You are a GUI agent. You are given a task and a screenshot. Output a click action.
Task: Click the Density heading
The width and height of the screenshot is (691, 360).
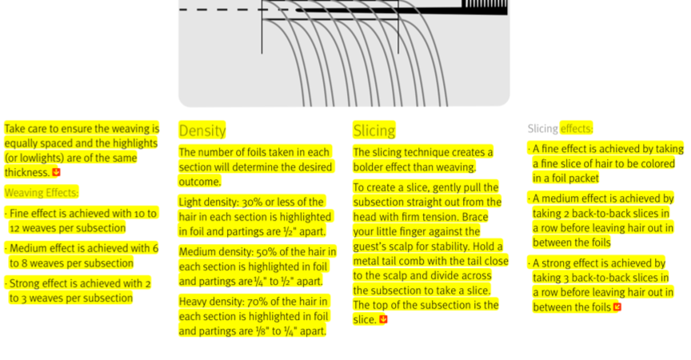[x=202, y=130]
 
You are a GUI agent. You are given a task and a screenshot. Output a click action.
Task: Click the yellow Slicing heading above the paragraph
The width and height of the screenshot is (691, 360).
[x=373, y=130]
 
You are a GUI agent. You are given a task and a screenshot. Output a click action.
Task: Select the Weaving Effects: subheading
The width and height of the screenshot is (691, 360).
[x=42, y=192]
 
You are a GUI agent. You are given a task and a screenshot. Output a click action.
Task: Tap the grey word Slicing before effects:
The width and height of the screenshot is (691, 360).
[x=542, y=128]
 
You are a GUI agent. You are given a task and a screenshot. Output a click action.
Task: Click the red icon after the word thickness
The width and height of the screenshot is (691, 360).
[x=56, y=172]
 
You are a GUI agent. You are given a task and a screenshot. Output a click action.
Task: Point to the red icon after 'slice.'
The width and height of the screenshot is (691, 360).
[x=383, y=319]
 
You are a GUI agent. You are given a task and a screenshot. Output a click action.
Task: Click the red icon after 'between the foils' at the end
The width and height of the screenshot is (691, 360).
[x=617, y=307]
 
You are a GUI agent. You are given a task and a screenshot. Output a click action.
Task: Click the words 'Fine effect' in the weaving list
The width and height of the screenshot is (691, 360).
[x=34, y=213]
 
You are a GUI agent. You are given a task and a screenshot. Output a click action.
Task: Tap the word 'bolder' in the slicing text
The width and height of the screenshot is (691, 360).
[x=372, y=166]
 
